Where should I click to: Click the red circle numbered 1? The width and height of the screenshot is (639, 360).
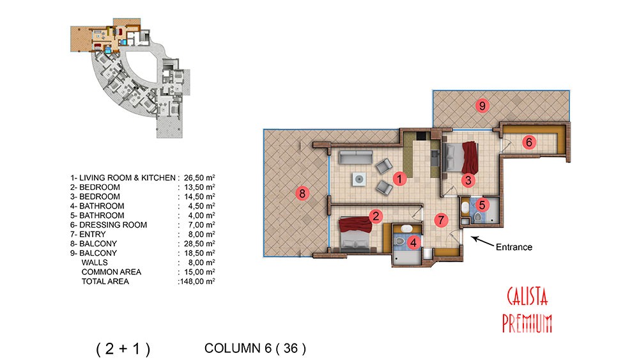click(399, 178)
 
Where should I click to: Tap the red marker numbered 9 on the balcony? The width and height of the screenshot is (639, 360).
click(482, 106)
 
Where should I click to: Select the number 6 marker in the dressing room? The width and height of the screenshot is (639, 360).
click(529, 142)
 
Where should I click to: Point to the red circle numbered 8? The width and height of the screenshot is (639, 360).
click(302, 193)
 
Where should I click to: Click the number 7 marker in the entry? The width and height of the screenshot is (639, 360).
click(440, 220)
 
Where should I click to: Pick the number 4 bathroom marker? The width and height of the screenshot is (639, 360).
click(413, 242)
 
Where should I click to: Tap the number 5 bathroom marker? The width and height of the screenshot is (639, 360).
click(482, 205)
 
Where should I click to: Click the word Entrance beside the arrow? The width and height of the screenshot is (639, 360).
click(514, 247)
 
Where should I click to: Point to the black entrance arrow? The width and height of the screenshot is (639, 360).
click(482, 241)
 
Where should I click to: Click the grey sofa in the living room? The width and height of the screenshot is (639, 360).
click(356, 157)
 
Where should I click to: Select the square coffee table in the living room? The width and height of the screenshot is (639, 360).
click(359, 179)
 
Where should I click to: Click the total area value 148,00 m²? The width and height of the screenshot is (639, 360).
click(197, 281)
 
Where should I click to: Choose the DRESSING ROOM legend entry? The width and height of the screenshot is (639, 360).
click(113, 224)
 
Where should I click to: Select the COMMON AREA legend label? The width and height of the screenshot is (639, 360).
click(111, 272)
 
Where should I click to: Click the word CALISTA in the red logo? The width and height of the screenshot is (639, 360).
click(527, 297)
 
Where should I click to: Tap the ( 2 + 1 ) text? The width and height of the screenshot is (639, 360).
click(123, 349)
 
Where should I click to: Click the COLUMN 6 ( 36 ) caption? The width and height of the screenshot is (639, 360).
click(255, 348)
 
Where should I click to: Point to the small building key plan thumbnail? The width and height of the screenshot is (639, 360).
click(130, 77)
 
